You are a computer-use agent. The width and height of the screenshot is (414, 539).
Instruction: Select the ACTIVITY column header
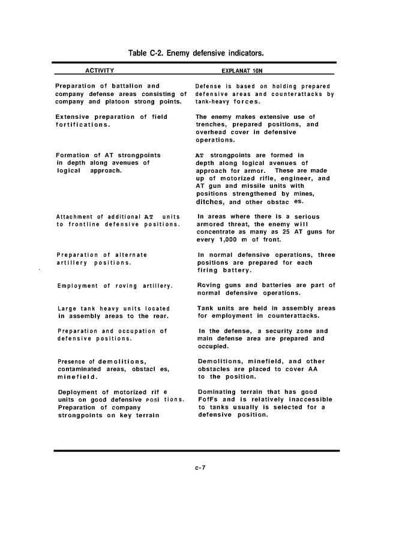(100, 70)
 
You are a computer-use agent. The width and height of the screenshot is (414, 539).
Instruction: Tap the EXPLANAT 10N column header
(263, 71)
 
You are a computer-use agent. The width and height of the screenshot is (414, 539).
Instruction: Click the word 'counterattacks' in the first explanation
(298, 94)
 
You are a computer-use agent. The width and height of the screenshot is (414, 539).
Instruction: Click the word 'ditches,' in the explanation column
(211, 202)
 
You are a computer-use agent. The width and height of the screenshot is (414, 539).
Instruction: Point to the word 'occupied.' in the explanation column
(213, 346)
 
